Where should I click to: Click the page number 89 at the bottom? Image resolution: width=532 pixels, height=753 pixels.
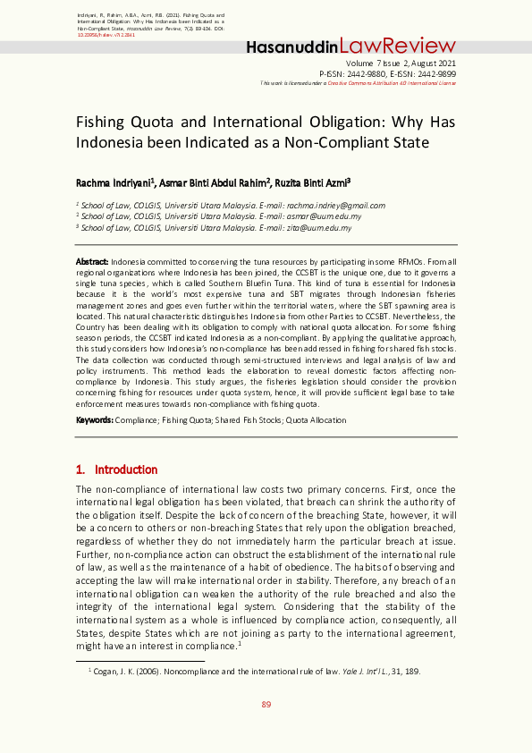pos(266,705)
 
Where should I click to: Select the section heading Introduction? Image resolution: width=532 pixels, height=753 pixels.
pos(125,470)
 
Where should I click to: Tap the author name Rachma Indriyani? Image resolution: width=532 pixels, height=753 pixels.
pos(115,182)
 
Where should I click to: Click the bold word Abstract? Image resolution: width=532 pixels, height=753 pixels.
pos(92,261)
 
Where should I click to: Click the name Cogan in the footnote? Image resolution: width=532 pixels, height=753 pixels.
pos(105,671)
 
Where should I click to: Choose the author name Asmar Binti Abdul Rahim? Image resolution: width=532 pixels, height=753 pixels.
pos(215,182)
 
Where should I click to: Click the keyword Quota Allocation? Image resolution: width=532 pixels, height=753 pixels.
pos(315,419)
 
